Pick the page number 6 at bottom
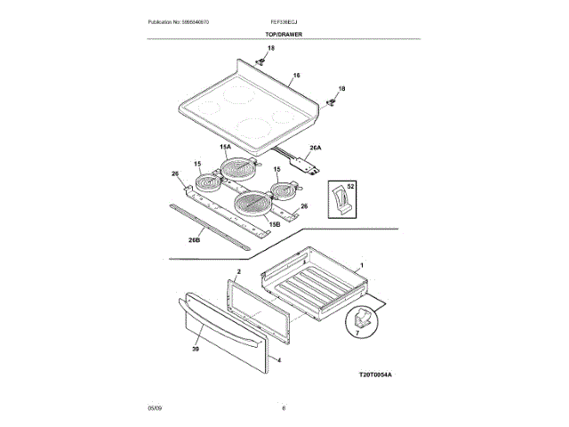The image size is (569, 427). click(x=284, y=407)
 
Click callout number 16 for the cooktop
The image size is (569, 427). click(x=296, y=75)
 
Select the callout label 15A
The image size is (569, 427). click(x=225, y=146)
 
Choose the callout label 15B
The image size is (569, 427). click(x=275, y=225)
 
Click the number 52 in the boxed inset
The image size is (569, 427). click(x=351, y=187)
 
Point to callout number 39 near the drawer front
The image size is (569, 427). click(x=196, y=350)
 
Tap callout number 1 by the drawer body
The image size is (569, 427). click(x=361, y=265)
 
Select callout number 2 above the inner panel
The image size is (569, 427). click(x=239, y=270)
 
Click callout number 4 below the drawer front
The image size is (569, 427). click(x=278, y=360)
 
